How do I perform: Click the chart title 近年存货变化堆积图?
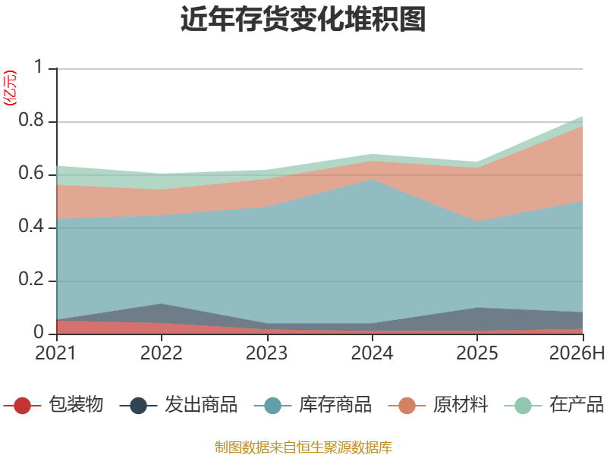(x=303, y=19)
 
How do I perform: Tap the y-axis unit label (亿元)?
(x=10, y=88)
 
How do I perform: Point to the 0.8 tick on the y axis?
(x=31, y=120)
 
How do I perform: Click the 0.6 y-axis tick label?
(x=31, y=173)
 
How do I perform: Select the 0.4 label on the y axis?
(x=31, y=226)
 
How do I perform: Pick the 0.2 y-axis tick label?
(x=31, y=279)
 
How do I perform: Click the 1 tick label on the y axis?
(x=39, y=67)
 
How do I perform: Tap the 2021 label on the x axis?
(x=55, y=353)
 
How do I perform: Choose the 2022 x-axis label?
(x=162, y=353)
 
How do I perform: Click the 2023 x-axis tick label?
(x=267, y=353)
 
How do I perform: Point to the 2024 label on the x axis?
(x=372, y=353)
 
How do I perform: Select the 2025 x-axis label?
(x=477, y=353)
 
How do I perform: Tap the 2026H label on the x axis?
(x=577, y=353)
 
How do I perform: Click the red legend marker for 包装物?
(x=22, y=406)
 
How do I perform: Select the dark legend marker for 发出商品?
(x=138, y=406)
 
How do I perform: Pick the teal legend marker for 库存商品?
(x=272, y=406)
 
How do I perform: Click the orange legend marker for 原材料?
(x=407, y=406)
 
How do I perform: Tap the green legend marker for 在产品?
(x=523, y=406)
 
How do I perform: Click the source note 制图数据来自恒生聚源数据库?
(x=303, y=447)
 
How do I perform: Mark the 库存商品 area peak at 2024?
(x=372, y=179)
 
